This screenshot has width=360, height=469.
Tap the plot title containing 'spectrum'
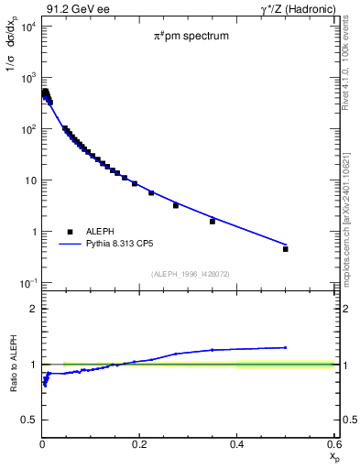point(191,37)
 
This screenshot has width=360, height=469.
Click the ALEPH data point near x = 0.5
point(286,248)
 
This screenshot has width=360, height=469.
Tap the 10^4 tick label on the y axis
point(27,26)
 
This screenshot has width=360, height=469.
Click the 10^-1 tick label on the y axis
point(27,283)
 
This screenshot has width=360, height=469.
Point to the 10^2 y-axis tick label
point(27,129)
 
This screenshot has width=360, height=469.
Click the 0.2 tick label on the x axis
point(140,444)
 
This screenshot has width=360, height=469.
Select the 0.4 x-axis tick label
point(237,444)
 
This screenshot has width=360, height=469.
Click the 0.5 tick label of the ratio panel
point(29,420)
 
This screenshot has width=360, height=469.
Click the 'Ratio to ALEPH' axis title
point(12,364)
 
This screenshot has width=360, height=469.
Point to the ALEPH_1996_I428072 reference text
point(189,273)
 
